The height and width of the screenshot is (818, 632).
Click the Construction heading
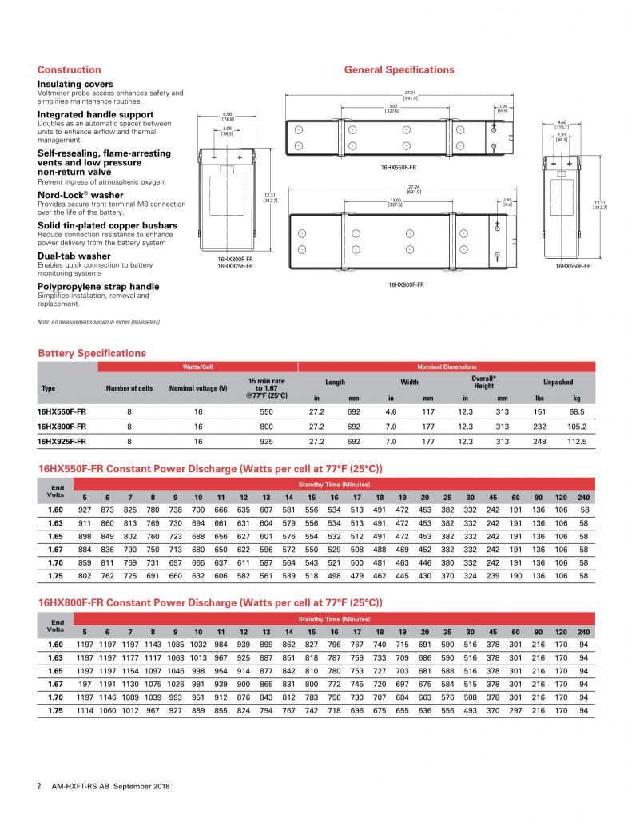(x=70, y=69)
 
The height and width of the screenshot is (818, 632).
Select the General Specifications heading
(x=399, y=69)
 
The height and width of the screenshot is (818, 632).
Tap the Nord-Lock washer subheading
(x=81, y=195)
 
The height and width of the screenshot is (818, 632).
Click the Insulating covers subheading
(x=75, y=84)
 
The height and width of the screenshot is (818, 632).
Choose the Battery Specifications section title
(x=92, y=353)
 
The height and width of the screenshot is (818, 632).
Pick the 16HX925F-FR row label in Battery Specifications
(x=62, y=441)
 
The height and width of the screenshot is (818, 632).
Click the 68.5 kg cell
(x=577, y=411)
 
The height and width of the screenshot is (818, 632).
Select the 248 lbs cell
(x=539, y=441)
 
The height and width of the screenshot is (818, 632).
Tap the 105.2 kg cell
(x=577, y=427)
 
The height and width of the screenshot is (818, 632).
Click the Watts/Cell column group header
(x=197, y=367)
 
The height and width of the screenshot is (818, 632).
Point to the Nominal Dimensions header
(x=447, y=367)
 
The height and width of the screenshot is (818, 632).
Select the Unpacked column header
(x=558, y=382)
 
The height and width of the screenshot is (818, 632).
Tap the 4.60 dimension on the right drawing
(x=562, y=122)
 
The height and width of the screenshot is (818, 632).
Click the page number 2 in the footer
(x=39, y=786)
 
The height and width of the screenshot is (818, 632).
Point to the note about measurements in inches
(x=98, y=321)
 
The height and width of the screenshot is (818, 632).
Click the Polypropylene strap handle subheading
(x=98, y=286)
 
